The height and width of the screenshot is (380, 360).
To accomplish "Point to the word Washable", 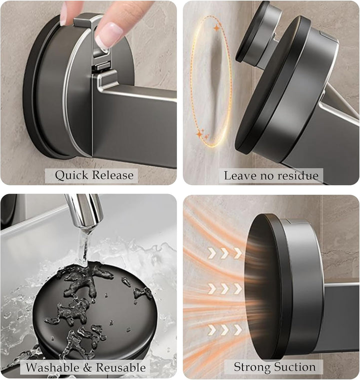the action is [53, 367].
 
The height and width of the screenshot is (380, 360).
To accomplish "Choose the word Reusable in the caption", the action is [120, 367].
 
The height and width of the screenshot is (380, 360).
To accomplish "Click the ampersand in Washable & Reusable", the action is [87, 367].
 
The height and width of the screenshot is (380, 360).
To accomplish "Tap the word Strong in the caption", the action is [250, 366].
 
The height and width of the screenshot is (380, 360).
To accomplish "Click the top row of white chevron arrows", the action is [224, 253].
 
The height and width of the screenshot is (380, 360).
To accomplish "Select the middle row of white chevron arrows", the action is [224, 288].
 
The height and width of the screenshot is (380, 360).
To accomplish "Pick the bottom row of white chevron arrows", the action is [224, 329].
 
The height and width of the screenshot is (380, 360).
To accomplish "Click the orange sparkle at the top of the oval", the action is [216, 28].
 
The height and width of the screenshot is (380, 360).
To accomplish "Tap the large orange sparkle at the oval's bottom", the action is [200, 133].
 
